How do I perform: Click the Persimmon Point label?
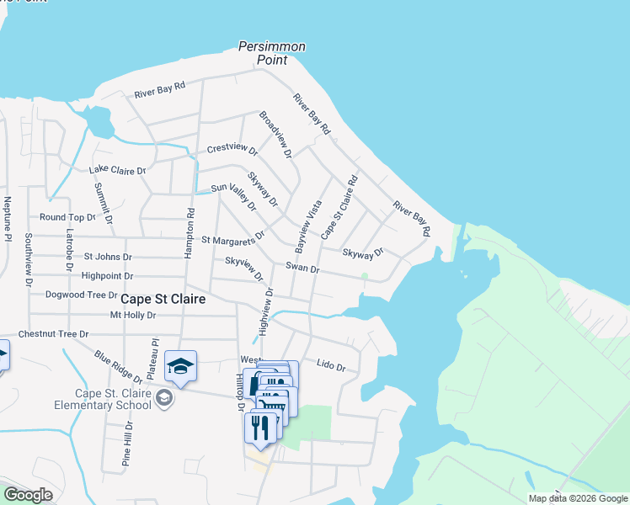click(x=271, y=53)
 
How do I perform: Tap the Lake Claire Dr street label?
click(x=117, y=170)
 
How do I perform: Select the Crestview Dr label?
click(x=232, y=149)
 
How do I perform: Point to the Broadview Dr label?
click(x=275, y=135)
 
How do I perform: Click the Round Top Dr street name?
click(x=68, y=217)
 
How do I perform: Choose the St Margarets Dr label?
click(x=233, y=239)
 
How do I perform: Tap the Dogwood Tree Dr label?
click(x=83, y=295)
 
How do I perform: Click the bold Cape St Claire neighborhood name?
click(x=163, y=299)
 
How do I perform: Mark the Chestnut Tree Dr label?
click(x=53, y=334)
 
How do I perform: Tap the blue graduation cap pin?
click(x=180, y=365)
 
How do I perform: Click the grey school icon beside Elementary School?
click(x=165, y=398)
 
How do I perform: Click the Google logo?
click(x=28, y=495)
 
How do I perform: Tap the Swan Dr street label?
click(x=302, y=268)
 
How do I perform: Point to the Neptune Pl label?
click(x=7, y=218)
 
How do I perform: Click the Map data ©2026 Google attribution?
click(x=577, y=498)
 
